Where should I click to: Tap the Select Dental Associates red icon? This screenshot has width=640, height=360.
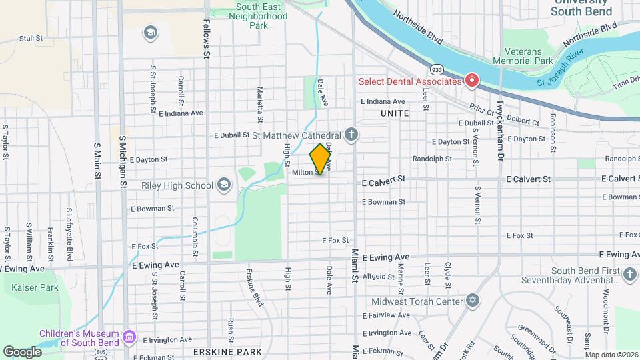pos(472,81)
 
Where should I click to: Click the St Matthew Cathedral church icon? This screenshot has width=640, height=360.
pos(352,135)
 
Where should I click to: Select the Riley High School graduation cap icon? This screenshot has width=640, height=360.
pos(225,185)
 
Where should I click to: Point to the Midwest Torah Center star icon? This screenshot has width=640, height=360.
pos(473,301)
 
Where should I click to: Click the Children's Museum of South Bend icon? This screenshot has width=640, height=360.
pos(129,337)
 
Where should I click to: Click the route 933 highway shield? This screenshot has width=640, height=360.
pos(437,69)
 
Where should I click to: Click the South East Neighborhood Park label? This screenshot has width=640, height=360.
pos(249,16)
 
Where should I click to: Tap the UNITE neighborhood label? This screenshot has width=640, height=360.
pos(395,114)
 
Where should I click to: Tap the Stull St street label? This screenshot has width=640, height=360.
pos(31,39)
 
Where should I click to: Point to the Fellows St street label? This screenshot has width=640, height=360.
pos(207,41)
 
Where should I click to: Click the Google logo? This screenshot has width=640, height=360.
pos(23,351)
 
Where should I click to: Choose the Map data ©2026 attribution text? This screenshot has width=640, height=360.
pos(611,355)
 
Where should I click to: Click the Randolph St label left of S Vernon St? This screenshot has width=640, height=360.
pos(432,159)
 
